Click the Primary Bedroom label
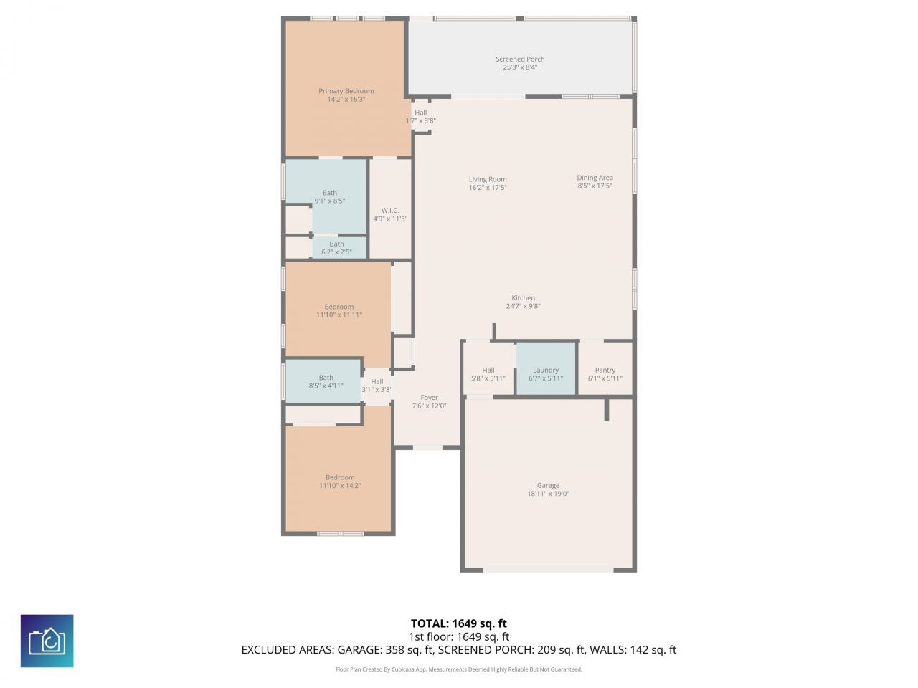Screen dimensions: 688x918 pyautogui.click(x=346, y=91)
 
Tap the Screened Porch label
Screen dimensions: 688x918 pyautogui.click(x=520, y=59)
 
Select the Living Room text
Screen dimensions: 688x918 pyautogui.click(x=488, y=180)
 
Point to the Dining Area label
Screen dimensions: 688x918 pyautogui.click(x=595, y=178)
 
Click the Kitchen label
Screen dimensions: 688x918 pyautogui.click(x=523, y=298)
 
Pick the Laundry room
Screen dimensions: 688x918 pyautogui.click(x=546, y=368)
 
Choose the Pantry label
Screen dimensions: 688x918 pyautogui.click(x=605, y=371)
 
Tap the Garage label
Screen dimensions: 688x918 pyautogui.click(x=548, y=486)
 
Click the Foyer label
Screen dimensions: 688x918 pyautogui.click(x=429, y=398)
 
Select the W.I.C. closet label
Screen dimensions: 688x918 pyautogui.click(x=390, y=211)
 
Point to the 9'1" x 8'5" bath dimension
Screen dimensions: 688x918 pyautogui.click(x=330, y=201)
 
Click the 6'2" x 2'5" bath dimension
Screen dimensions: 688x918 pyautogui.click(x=336, y=252)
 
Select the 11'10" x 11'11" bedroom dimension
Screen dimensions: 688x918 pyautogui.click(x=339, y=315)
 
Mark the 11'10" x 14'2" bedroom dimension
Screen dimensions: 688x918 pyautogui.click(x=340, y=486)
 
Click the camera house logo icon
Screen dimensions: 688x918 pyautogui.click(x=47, y=641)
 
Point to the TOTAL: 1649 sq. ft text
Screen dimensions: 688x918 pyautogui.click(x=459, y=623)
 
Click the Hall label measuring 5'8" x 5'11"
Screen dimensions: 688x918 pyautogui.click(x=488, y=371)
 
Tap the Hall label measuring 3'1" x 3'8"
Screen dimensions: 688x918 pyautogui.click(x=377, y=382)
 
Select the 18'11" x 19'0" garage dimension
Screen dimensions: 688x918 pyautogui.click(x=548, y=494)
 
